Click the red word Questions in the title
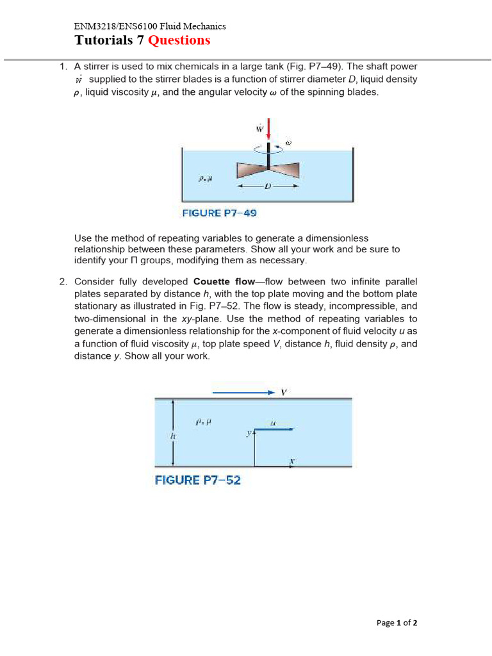click(x=179, y=40)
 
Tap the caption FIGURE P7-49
click(x=220, y=213)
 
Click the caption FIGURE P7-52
click(x=198, y=480)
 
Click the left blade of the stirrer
click(x=251, y=170)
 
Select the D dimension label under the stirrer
click(x=268, y=186)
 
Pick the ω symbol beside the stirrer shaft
click(x=288, y=142)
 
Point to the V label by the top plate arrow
click(x=284, y=392)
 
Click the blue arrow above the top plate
click(x=243, y=392)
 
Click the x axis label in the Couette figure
click(x=291, y=460)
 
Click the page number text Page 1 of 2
click(x=397, y=622)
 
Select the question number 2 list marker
click(x=63, y=282)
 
